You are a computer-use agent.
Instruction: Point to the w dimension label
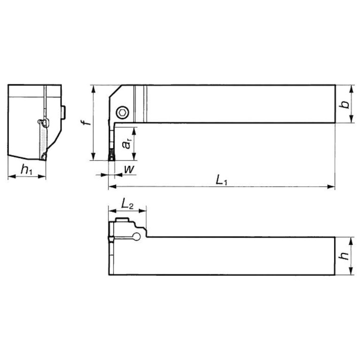tap(127, 169)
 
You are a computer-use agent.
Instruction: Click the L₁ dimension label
tap(221, 179)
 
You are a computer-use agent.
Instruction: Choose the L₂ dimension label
tap(127, 204)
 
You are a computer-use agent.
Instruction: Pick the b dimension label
tap(345, 104)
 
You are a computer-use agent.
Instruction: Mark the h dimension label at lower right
tap(345, 256)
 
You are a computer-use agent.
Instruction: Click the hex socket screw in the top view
tap(123, 112)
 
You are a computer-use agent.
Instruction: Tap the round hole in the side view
tap(138, 237)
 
